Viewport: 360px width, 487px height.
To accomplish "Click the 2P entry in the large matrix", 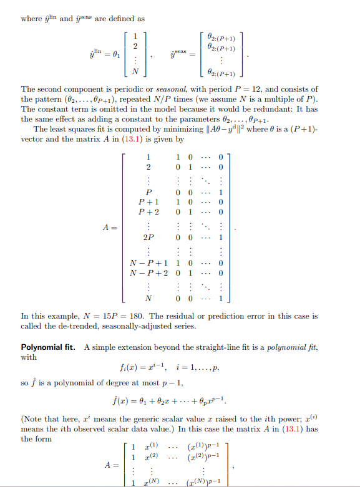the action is click(x=149, y=238).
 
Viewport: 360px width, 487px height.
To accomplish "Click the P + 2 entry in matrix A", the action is click(x=148, y=212).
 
